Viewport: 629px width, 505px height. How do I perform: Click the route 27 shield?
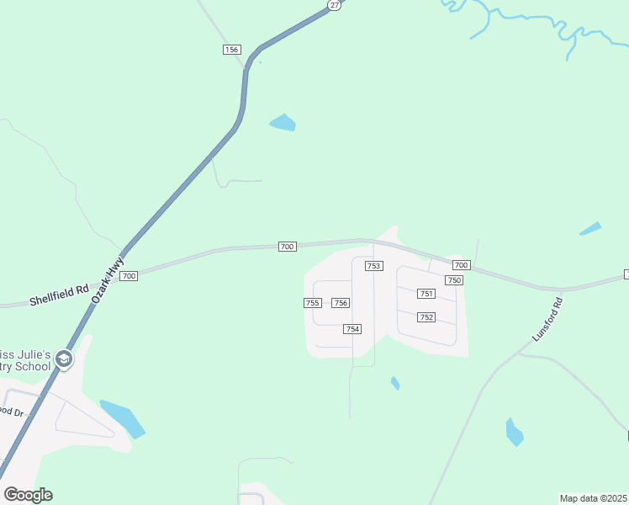pyautogui.click(x=334, y=5)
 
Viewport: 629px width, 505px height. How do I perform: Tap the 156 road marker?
pyautogui.click(x=232, y=50)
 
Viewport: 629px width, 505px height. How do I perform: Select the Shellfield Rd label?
pyautogui.click(x=59, y=294)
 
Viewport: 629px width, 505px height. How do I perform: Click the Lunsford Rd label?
pyautogui.click(x=547, y=319)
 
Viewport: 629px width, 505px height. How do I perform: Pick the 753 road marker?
pyautogui.click(x=374, y=266)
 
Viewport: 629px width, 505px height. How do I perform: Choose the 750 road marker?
pyautogui.click(x=455, y=279)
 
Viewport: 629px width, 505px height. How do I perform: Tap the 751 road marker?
pyautogui.click(x=426, y=294)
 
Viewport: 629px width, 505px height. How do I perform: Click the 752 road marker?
pyautogui.click(x=426, y=317)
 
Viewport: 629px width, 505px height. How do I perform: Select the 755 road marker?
pyautogui.click(x=312, y=303)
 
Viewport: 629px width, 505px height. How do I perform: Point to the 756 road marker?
pyautogui.click(x=341, y=303)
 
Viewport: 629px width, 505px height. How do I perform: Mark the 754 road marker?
pyautogui.click(x=352, y=329)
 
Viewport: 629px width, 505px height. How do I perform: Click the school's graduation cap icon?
pyautogui.click(x=63, y=360)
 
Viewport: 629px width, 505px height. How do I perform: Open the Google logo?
pyautogui.click(x=28, y=495)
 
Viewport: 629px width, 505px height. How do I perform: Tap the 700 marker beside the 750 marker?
pyautogui.click(x=461, y=265)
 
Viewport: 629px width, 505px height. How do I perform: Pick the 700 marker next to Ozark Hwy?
pyautogui.click(x=129, y=276)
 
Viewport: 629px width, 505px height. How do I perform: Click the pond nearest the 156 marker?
pyautogui.click(x=283, y=123)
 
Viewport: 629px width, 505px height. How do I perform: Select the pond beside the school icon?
pyautogui.click(x=122, y=418)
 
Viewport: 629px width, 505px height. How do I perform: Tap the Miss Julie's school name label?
pyautogui.click(x=25, y=359)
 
